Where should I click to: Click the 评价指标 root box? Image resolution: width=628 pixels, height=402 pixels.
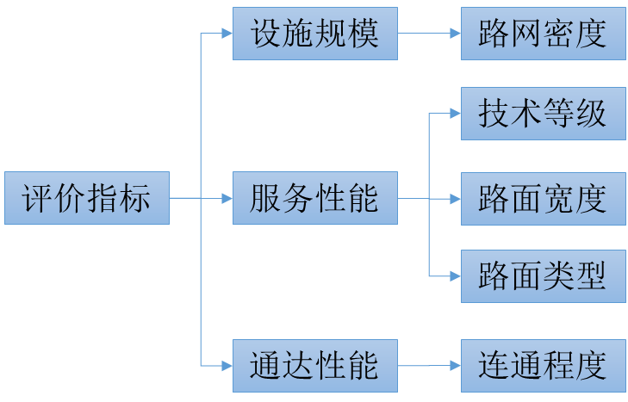pos(86,199)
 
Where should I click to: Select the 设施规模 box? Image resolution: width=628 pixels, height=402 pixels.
pos(315,34)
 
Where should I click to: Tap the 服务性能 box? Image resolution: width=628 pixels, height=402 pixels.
pos(315,199)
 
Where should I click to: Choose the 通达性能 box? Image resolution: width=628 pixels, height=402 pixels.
pos(315,365)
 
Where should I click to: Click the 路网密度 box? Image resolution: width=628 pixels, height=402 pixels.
pos(543,34)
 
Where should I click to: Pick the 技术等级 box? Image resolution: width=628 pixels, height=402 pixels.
pos(543,114)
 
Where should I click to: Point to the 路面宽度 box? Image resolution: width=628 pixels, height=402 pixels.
pos(543,199)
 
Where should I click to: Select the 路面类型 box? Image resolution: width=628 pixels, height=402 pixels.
pos(543,276)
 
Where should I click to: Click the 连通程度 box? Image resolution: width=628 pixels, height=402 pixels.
pos(543,365)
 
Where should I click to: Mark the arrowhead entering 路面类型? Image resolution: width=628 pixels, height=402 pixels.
pos(455,276)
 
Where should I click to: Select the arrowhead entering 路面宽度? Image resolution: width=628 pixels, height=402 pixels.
pos(455,199)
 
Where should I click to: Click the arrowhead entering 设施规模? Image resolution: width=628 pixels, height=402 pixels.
pos(227,34)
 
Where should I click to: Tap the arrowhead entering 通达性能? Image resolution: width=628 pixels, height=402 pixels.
pos(227,365)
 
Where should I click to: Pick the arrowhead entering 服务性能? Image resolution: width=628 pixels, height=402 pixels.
pos(227,199)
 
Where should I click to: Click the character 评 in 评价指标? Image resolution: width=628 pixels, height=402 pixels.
pos(38,199)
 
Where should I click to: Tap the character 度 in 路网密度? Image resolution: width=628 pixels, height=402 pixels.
pos(591,34)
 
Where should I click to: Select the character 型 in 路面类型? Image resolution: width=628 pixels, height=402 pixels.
pos(591,276)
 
